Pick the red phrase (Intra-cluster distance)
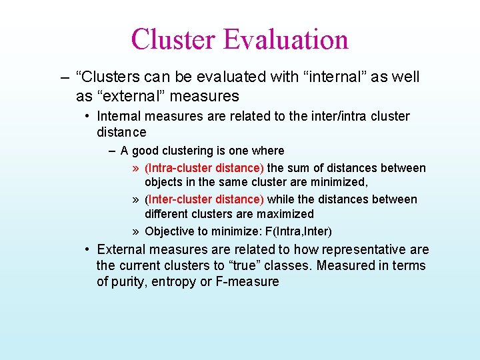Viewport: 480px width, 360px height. tap(204, 168)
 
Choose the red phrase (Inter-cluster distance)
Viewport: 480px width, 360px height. tap(204, 199)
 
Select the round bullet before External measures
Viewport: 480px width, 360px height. tap(88, 249)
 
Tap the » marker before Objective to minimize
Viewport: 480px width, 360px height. tap(135, 231)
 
